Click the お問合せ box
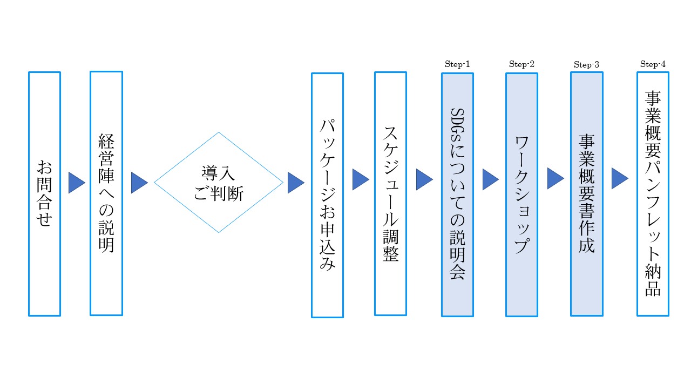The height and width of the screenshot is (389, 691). pos(44,193)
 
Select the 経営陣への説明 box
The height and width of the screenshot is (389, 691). pos(106,193)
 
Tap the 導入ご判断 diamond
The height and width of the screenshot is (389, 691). pos(219,183)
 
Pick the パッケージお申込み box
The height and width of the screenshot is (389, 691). pos(327,195)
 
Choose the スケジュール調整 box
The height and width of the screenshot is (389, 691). pos(390,193)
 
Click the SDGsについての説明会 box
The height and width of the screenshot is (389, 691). pos(457,194)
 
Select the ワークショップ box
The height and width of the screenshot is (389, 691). pos(521,194)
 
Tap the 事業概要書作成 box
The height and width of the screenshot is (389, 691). pos(586,194)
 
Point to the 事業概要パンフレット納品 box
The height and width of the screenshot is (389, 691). pos(653,193)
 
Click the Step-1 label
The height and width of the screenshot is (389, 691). pos(457,64)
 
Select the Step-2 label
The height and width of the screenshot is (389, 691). pos(521,64)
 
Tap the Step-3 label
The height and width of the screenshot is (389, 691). pos(586,65)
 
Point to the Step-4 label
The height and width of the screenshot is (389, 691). pos(653,64)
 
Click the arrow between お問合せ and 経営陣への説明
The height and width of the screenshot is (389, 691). pos(76,183)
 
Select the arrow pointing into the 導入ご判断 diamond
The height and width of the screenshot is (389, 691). pos(139,183)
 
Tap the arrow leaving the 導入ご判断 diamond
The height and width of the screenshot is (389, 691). pos(295,183)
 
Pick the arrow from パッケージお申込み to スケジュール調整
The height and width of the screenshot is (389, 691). pos(360,179)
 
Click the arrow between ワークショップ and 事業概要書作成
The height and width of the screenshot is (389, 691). pos(555,178)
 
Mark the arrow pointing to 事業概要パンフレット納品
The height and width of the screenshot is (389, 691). pos(619,178)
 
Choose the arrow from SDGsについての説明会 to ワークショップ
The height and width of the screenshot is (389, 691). pos(490,179)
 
